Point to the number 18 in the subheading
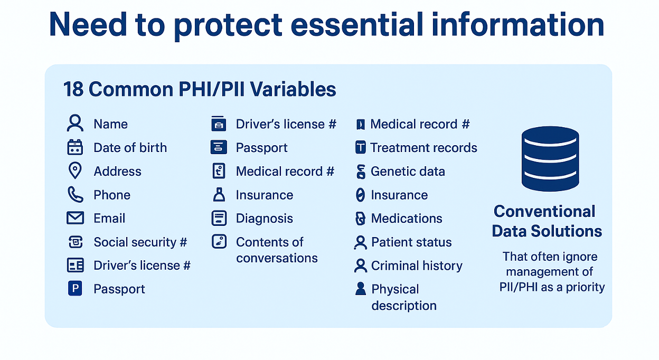pyautogui.click(x=73, y=89)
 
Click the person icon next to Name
pyautogui.click(x=75, y=123)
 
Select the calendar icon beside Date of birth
pyautogui.click(x=75, y=147)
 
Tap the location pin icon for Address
pyautogui.click(x=75, y=170)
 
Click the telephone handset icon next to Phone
pyautogui.click(x=76, y=194)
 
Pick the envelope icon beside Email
pyautogui.click(x=75, y=218)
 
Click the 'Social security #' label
pyautogui.click(x=140, y=242)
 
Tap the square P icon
pyautogui.click(x=75, y=288)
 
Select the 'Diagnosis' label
pyautogui.click(x=264, y=219)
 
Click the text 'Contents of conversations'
pyautogui.click(x=277, y=250)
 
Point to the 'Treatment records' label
pyautogui.click(x=423, y=148)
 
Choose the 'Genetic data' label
pyautogui.click(x=408, y=171)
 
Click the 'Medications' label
pyautogui.click(x=407, y=219)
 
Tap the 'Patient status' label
pyautogui.click(x=411, y=242)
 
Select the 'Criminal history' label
pyautogui.click(x=417, y=266)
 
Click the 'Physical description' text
pyautogui.click(x=403, y=297)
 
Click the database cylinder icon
pyautogui.click(x=550, y=159)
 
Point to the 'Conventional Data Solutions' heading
pyautogui.click(x=547, y=221)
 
